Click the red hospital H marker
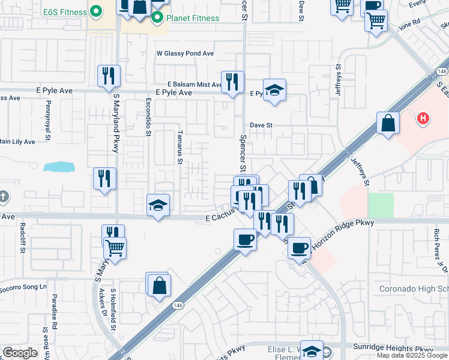click(x=423, y=119)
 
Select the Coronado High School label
click(x=414, y=289)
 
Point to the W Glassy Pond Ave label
click(x=185, y=53)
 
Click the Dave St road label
click(x=261, y=125)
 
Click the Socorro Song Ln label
click(x=24, y=287)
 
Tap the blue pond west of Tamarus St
click(x=58, y=166)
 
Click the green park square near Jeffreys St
click(x=381, y=205)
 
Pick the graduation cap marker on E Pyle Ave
click(x=274, y=90)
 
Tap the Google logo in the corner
click(x=20, y=353)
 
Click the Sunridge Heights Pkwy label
click(x=394, y=348)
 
